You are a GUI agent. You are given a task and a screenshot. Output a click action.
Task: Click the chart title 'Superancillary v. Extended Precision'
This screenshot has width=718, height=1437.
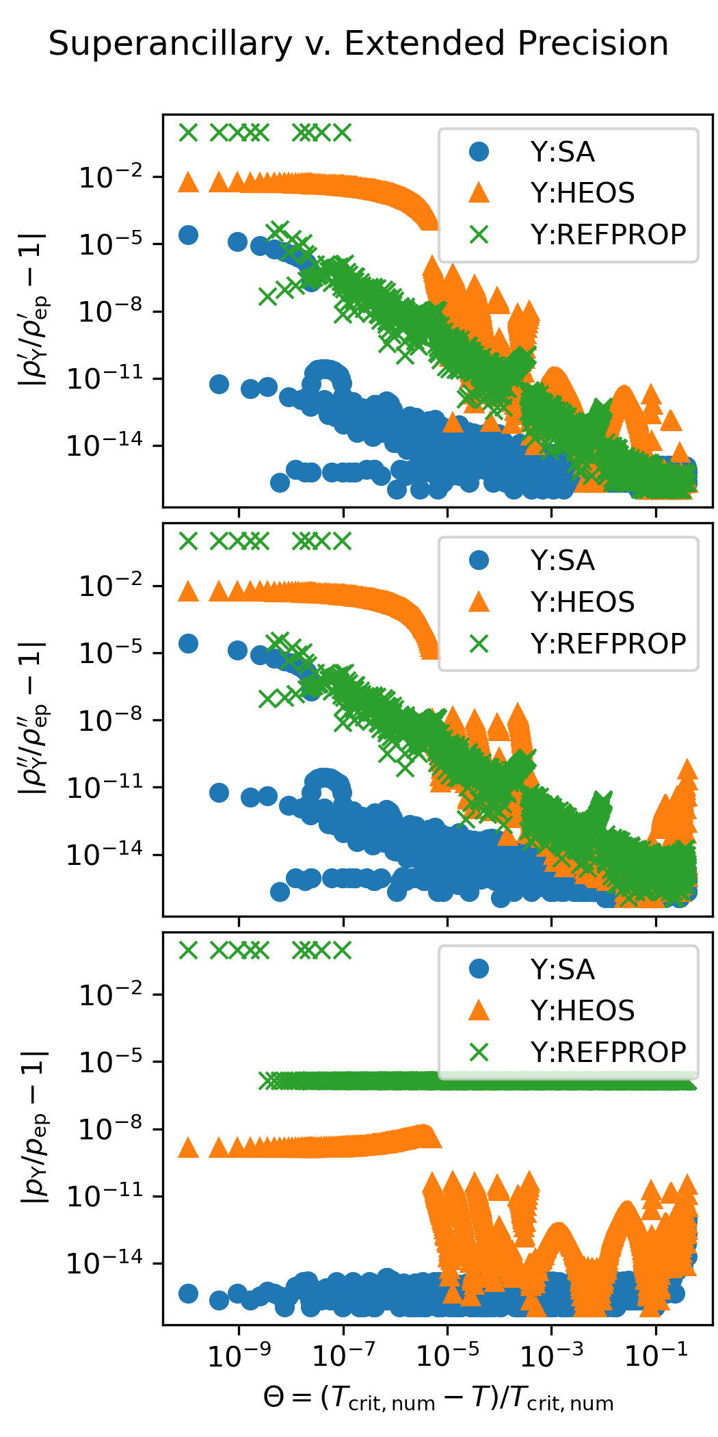(x=358, y=44)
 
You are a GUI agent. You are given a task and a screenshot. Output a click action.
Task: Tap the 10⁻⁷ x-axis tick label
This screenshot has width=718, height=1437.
(x=343, y=1356)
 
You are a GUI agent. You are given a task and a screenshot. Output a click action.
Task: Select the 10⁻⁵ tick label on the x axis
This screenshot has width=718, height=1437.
(x=447, y=1356)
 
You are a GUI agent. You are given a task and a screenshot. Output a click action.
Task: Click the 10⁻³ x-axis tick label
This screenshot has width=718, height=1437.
(x=551, y=1356)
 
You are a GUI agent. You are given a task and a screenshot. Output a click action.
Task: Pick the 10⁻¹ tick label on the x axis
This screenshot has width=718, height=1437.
(x=656, y=1356)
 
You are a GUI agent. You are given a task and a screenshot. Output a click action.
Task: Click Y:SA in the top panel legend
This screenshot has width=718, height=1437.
(x=562, y=152)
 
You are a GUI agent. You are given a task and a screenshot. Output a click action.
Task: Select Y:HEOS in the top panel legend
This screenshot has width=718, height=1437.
(x=582, y=193)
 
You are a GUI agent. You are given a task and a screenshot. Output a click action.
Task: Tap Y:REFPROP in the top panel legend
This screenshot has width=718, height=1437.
(x=608, y=235)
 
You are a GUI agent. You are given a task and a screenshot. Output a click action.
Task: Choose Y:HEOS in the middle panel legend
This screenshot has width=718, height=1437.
(x=582, y=602)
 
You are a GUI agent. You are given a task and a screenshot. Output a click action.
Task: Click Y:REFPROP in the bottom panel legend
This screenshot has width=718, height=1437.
(x=608, y=1052)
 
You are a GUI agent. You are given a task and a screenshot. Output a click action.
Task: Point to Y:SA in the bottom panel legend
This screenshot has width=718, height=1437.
(x=562, y=970)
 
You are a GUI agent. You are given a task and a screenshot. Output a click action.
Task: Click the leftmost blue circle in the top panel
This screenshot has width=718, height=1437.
(x=188, y=235)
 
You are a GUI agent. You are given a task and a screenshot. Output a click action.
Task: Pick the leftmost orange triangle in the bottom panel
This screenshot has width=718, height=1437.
(x=188, y=1148)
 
